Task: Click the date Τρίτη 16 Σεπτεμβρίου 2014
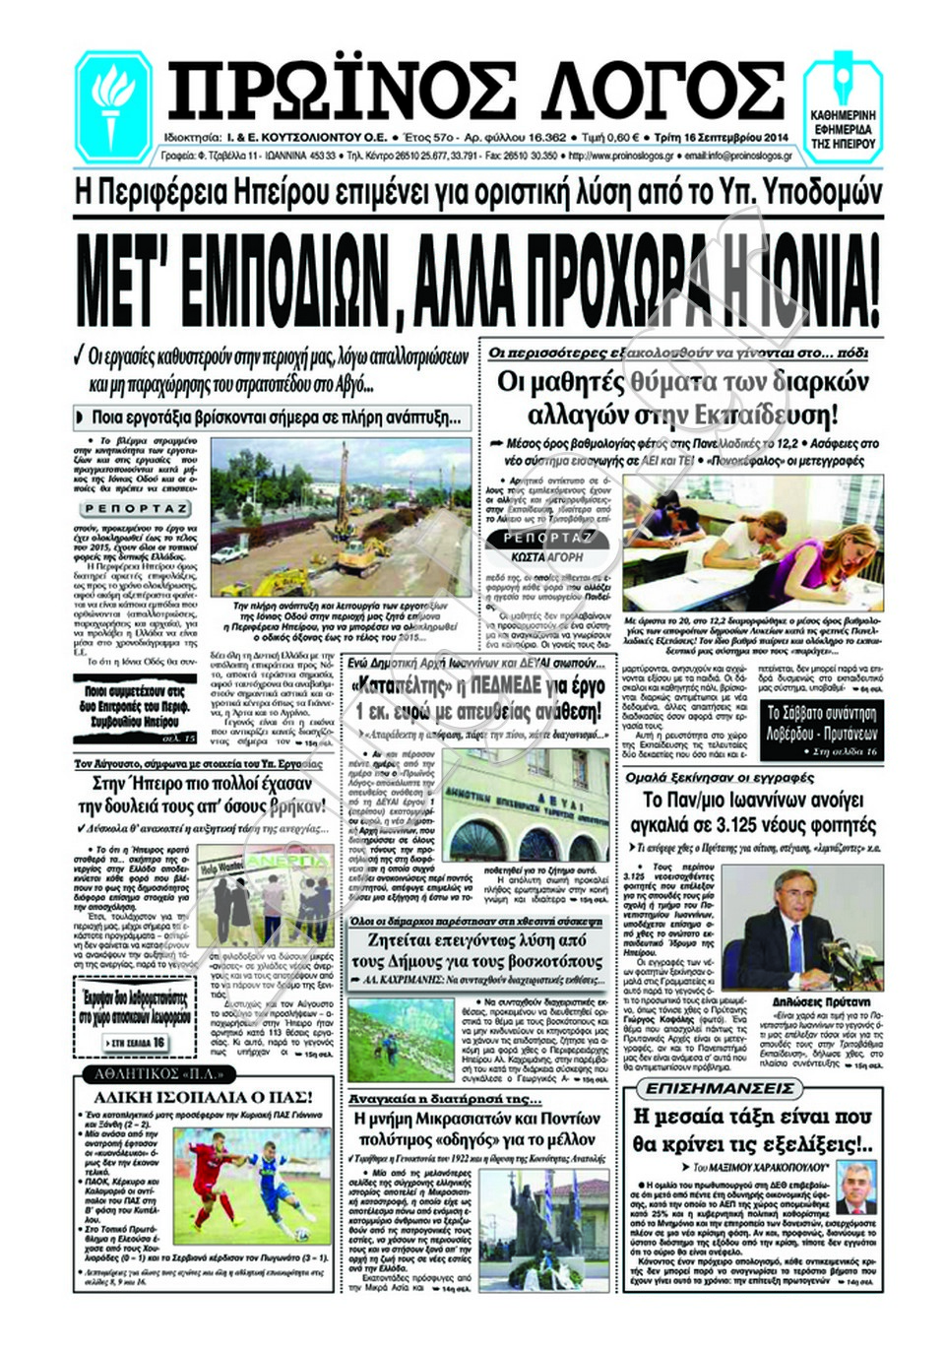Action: click(x=810, y=138)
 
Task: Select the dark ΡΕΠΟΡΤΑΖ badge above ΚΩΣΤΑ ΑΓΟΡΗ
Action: click(x=548, y=538)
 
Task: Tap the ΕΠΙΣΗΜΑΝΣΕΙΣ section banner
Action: click(x=720, y=1088)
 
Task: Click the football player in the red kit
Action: click(x=209, y=1182)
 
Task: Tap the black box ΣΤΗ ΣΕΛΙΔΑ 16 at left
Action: click(x=138, y=1042)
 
